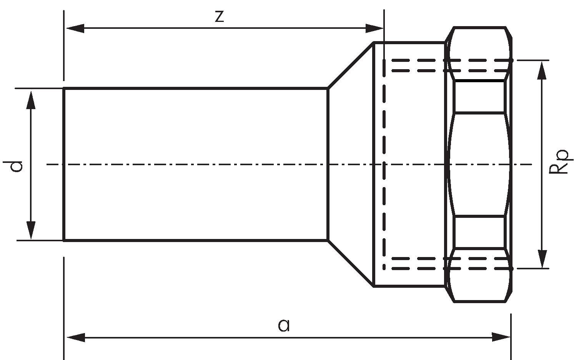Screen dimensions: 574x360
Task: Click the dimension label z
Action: click(x=220, y=17)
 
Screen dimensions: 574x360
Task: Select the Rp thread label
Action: click(x=561, y=162)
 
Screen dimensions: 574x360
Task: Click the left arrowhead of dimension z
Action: click(x=75, y=28)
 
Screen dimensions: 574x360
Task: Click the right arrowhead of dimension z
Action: click(x=374, y=28)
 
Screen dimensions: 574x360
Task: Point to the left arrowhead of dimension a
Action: click(x=76, y=337)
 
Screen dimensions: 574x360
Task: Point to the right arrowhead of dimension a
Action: click(x=501, y=337)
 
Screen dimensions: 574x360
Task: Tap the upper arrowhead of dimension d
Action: click(x=31, y=100)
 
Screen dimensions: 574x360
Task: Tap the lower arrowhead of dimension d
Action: click(x=31, y=230)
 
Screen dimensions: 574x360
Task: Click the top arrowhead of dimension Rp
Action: click(x=542, y=70)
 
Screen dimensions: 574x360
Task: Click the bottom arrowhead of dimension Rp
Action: click(x=542, y=259)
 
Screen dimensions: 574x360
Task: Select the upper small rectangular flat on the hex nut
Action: click(x=479, y=96)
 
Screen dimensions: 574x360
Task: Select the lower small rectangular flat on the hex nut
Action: click(x=479, y=232)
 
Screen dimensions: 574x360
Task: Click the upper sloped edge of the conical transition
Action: click(x=351, y=65)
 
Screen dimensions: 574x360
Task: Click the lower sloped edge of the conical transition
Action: click(x=351, y=263)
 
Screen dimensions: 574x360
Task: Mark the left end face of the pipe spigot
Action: click(x=64, y=164)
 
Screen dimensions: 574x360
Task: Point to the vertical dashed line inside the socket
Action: click(x=384, y=164)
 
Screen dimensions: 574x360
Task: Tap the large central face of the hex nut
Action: click(x=479, y=164)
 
